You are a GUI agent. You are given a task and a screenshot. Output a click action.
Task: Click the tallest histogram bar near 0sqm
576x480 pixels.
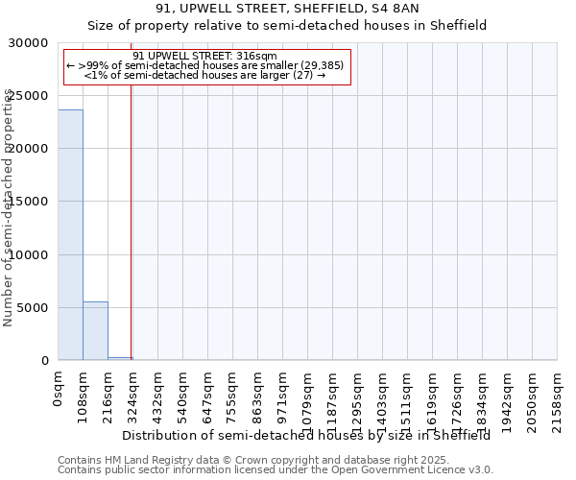click(x=70, y=235)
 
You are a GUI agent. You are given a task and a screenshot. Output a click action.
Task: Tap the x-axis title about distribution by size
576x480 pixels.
click(x=306, y=436)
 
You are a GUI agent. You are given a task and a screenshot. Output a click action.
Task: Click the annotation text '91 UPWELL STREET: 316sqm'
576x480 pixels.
click(x=204, y=56)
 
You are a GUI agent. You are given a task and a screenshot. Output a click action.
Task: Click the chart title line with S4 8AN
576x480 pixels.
click(x=287, y=9)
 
